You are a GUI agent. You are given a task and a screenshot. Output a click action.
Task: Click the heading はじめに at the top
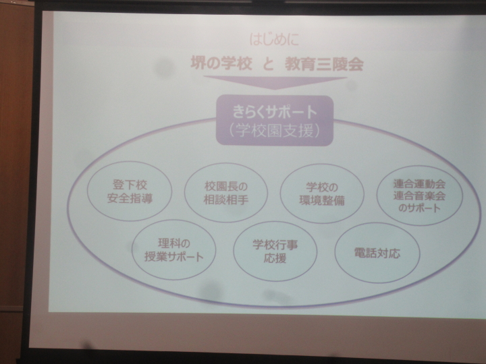274,40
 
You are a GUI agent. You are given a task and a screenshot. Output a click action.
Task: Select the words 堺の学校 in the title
221,64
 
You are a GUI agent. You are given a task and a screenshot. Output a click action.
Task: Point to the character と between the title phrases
268,65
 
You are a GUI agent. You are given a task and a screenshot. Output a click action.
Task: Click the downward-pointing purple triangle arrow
275,83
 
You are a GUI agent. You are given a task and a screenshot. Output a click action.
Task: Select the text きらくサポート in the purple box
275,111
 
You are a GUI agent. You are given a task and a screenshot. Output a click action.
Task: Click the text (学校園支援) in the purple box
275,131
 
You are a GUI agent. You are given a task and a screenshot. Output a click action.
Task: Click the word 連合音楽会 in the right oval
419,195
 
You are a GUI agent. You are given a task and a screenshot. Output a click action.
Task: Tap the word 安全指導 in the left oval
130,198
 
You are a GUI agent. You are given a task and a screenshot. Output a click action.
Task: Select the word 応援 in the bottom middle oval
275,258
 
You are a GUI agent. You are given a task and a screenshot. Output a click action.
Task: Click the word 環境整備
322,201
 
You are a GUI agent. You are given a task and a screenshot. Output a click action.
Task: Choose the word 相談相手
226,200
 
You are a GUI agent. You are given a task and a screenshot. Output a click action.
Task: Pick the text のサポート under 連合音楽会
419,208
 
